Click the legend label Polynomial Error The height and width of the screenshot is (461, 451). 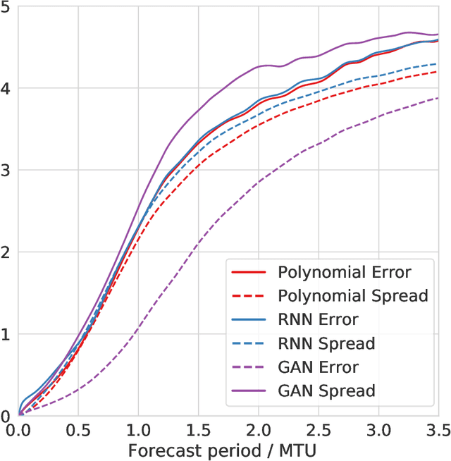click(x=344, y=272)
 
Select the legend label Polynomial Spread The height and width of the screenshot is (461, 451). click(x=352, y=295)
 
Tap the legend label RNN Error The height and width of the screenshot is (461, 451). click(x=318, y=319)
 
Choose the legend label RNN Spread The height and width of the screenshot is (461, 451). click(x=326, y=343)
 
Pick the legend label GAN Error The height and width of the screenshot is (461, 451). click(x=318, y=367)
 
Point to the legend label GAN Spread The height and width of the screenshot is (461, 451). click(x=326, y=390)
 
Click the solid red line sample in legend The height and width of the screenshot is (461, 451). click(x=248, y=272)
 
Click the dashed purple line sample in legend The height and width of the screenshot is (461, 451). click(x=248, y=367)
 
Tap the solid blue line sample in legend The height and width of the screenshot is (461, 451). click(x=248, y=319)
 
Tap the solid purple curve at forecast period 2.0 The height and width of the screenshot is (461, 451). click(x=258, y=66)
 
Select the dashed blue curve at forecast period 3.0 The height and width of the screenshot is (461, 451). click(x=378, y=75)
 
